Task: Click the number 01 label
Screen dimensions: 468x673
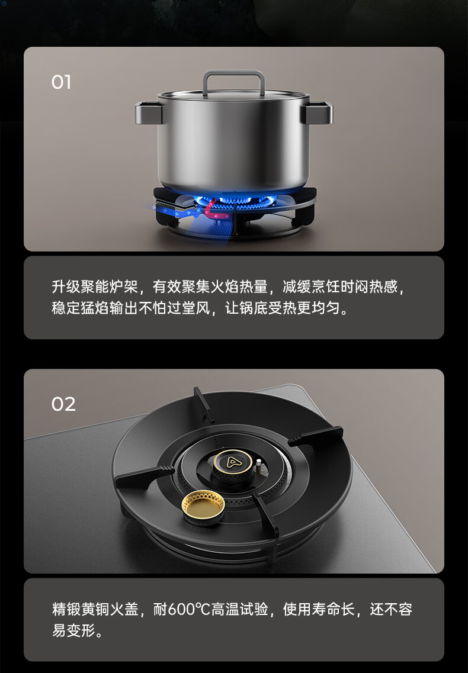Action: point(61,82)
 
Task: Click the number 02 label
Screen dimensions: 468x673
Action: point(63,404)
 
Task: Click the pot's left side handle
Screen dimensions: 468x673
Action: point(148,113)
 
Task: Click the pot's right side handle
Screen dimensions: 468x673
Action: point(319,113)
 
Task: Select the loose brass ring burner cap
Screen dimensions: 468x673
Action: point(203,507)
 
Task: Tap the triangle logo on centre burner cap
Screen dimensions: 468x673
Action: point(232,462)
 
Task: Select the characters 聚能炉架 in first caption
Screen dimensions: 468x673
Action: point(109,286)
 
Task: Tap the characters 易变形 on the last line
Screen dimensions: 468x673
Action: point(73,630)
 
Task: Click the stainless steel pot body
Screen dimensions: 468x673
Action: point(233,141)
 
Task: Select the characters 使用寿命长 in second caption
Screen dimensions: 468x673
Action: point(319,609)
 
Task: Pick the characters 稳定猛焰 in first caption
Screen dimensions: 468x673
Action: point(81,308)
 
